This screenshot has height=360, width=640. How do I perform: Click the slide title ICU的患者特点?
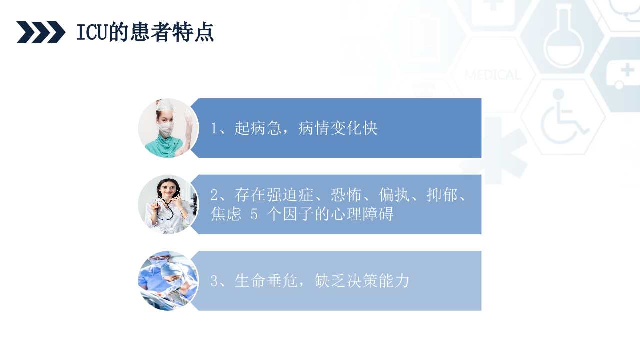[145, 33]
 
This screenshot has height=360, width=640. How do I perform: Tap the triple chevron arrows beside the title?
[41, 33]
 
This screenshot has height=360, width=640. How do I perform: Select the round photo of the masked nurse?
[168, 128]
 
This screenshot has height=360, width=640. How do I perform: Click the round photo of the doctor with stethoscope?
[168, 205]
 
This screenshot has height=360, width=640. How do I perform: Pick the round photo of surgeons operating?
[168, 281]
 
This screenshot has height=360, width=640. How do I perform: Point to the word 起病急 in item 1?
[258, 129]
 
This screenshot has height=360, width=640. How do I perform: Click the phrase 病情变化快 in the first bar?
[338, 129]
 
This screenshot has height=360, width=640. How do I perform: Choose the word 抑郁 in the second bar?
[442, 195]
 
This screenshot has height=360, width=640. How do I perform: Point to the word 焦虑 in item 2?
[226, 214]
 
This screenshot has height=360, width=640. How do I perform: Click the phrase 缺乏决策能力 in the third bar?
[362, 281]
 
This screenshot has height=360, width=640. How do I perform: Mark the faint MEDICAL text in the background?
[492, 75]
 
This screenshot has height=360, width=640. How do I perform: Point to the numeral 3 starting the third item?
[214, 281]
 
